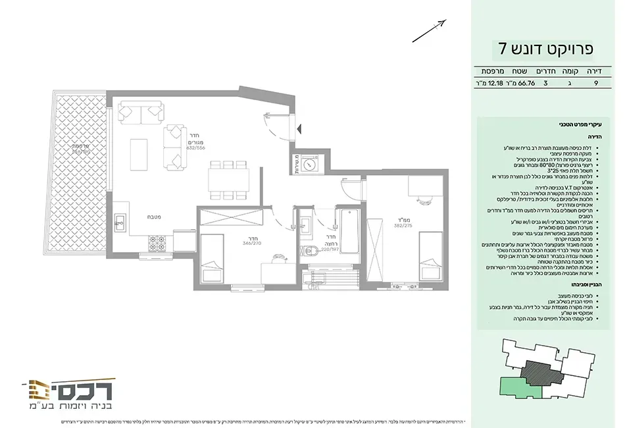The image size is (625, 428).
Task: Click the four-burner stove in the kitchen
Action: (x=158, y=244)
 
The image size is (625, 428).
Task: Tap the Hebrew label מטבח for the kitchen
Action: (x=154, y=217)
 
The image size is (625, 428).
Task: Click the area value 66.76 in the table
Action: (x=526, y=84)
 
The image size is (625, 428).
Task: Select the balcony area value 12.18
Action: (x=489, y=84)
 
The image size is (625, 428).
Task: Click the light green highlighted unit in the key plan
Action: (x=522, y=387)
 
